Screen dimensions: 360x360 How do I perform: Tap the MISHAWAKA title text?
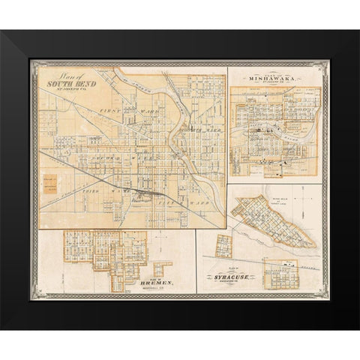tap(278, 76)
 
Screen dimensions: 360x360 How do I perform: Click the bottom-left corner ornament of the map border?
tap(32, 299)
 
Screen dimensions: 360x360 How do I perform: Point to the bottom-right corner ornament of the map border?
tap(327, 299)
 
